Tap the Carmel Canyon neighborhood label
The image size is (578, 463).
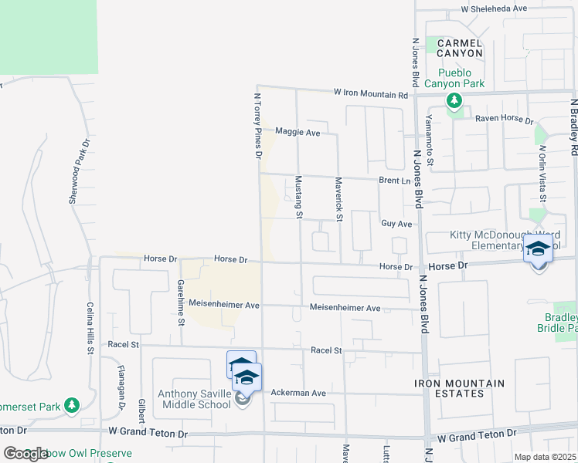[x=460, y=48]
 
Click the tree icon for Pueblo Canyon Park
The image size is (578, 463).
[x=454, y=100]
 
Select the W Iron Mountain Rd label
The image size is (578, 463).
[x=370, y=93]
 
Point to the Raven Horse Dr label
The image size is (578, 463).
[x=504, y=120]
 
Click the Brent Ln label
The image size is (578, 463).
[x=393, y=180]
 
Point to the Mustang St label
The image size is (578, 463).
[x=299, y=197]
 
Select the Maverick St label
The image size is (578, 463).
[x=338, y=199]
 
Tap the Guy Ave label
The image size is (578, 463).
[x=396, y=224]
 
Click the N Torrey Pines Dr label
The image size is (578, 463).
[x=257, y=127]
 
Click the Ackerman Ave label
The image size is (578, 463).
[x=297, y=393]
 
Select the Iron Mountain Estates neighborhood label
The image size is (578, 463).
[x=459, y=388]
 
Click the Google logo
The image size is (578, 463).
[x=25, y=454]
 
